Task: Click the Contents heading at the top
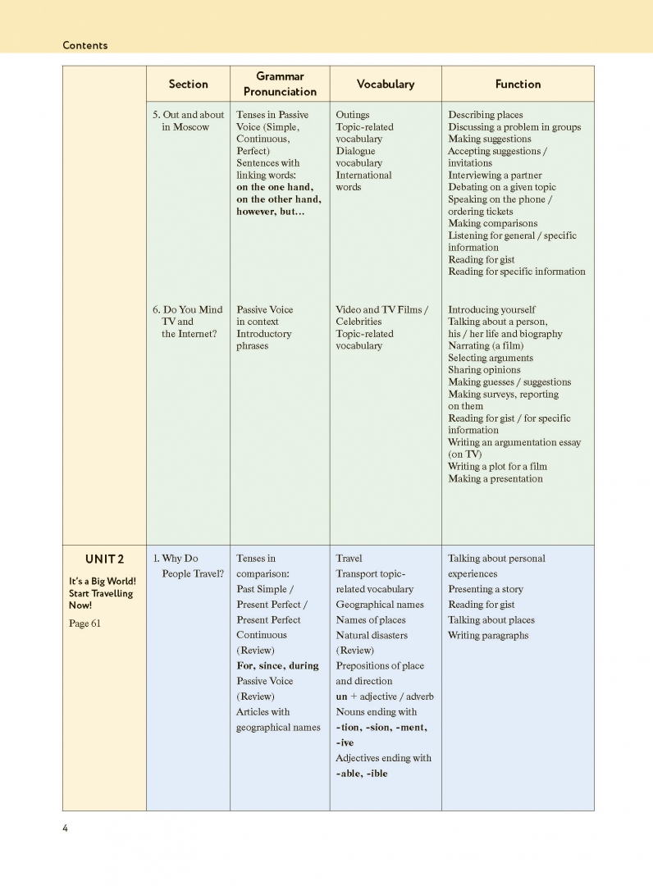coord(84,45)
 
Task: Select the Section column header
coord(188,84)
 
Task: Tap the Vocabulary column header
coord(385,84)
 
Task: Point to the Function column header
coord(518,84)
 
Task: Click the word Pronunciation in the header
coord(280,92)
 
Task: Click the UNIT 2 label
coord(104,559)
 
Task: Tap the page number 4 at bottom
coord(66,828)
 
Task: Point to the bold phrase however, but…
coord(271,211)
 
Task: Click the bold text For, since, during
coord(277,665)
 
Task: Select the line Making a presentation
coord(495,478)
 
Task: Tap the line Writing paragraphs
coord(488,635)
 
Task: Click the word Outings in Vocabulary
coord(353,115)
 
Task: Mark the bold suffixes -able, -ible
coord(362,773)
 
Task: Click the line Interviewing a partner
coord(495,175)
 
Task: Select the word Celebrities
coord(358,322)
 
